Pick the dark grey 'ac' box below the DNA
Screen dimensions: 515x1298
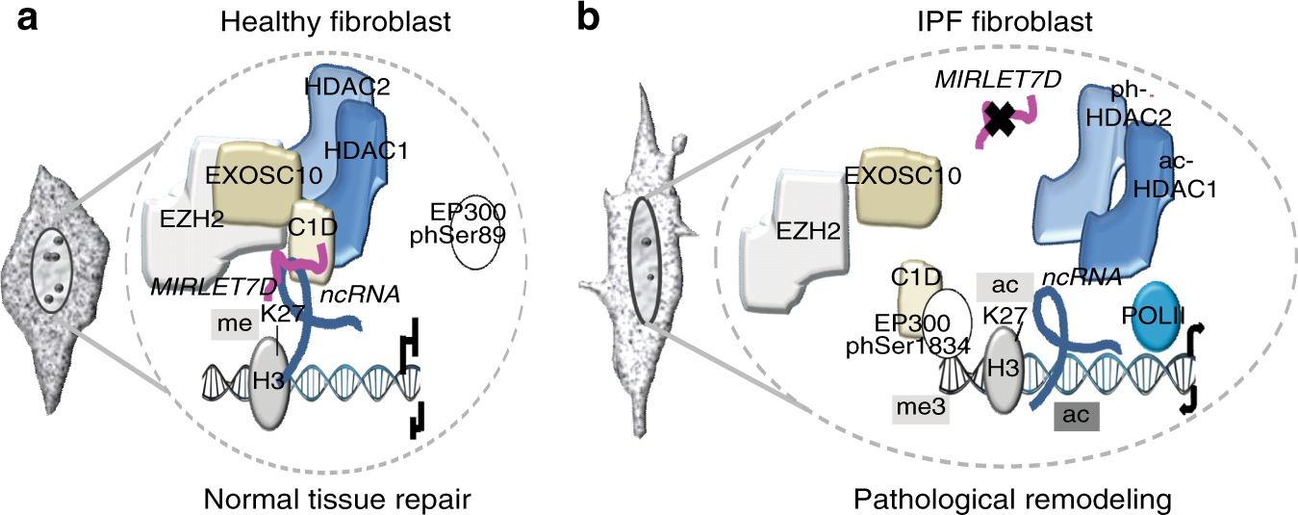click(x=1077, y=415)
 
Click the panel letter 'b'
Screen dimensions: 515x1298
click(x=590, y=21)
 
